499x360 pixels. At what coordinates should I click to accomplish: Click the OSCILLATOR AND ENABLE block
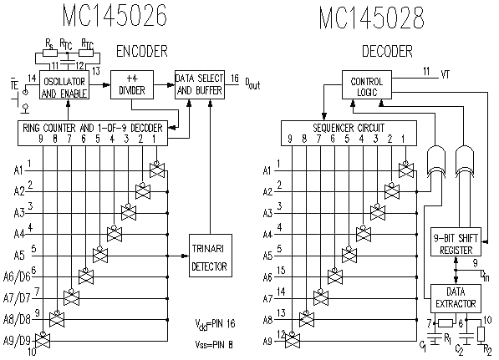pos(64,85)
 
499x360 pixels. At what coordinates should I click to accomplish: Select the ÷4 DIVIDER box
pos(132,85)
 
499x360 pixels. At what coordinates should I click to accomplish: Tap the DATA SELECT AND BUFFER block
pos(200,85)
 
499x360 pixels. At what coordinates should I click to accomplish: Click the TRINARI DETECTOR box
pos(211,256)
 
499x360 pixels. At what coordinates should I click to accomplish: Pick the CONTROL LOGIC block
pos(367,85)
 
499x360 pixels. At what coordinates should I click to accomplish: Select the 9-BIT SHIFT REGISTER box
pos(456,241)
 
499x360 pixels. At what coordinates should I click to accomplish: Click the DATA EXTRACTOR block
pos(456,298)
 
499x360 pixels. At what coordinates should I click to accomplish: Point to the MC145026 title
pos(115,15)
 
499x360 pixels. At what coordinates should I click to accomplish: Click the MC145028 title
pos(372,18)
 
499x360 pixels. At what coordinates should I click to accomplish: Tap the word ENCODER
pos(142,51)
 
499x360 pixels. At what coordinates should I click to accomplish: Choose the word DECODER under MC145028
pos(387,51)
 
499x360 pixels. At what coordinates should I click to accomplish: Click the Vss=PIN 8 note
pos(214,345)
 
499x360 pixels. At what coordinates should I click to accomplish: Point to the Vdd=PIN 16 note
pos(215,324)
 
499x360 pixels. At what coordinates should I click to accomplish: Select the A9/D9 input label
pos(17,341)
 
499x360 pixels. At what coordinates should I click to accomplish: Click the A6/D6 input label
pos(17,277)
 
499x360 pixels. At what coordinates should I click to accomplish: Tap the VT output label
pos(446,74)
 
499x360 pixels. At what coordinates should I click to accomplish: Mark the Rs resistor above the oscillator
pos(50,53)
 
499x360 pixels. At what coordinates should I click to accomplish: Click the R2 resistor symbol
pos(481,334)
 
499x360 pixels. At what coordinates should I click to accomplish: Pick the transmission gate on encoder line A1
pos(157,170)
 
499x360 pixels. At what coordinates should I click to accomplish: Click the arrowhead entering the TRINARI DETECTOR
pos(185,256)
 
